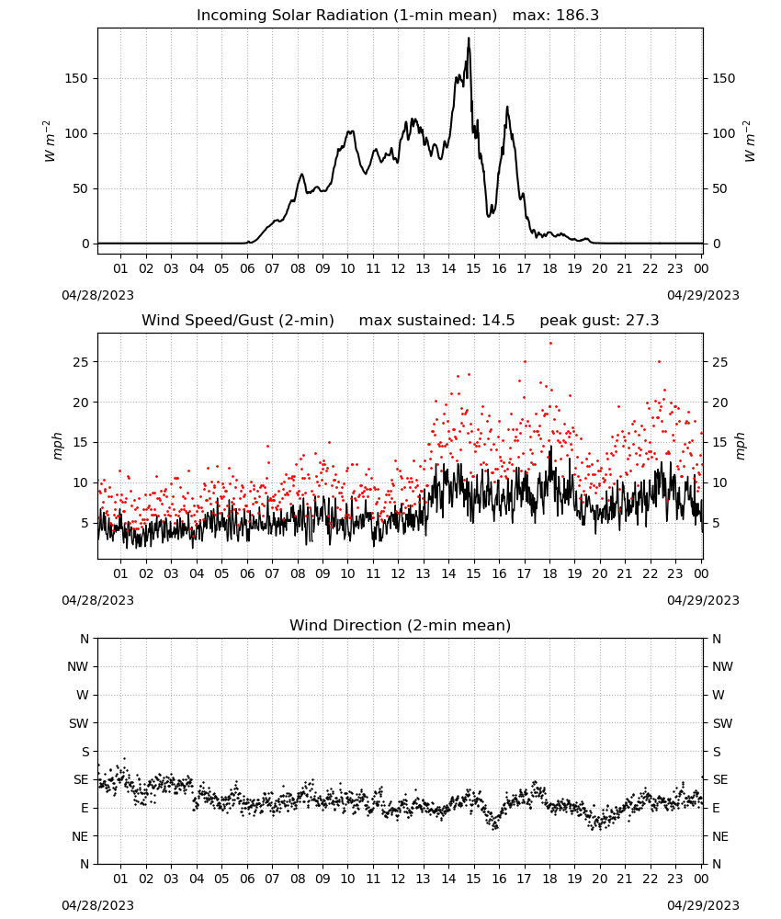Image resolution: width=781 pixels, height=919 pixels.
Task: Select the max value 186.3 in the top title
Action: pyautogui.click(x=577, y=16)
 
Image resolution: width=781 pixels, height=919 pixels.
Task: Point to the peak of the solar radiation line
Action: pyautogui.click(x=469, y=38)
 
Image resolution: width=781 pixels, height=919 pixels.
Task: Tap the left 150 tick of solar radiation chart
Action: pyautogui.click(x=76, y=78)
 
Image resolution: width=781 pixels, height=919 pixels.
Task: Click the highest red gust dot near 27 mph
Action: pyautogui.click(x=550, y=344)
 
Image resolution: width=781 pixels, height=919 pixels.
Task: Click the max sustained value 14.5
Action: pyautogui.click(x=498, y=321)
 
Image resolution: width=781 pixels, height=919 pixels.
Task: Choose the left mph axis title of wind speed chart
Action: pyautogui.click(x=57, y=446)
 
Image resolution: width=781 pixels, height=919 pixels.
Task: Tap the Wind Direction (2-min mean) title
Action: pyautogui.click(x=401, y=625)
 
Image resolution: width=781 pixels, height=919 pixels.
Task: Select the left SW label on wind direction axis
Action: pyautogui.click(x=78, y=723)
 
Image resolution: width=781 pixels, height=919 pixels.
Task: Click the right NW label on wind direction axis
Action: pyautogui.click(x=722, y=666)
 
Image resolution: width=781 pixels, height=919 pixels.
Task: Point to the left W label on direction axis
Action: pyautogui.click(x=83, y=695)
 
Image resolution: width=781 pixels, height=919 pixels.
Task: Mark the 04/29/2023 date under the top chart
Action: pyautogui.click(x=703, y=295)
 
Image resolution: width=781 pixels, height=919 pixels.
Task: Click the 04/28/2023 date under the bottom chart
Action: pyautogui.click(x=97, y=905)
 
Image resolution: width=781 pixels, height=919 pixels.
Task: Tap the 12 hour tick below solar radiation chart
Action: pyautogui.click(x=398, y=268)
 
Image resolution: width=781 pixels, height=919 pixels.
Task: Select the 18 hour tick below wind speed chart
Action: pyautogui.click(x=549, y=573)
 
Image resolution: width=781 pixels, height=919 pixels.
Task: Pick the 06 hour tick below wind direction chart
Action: pyautogui.click(x=247, y=879)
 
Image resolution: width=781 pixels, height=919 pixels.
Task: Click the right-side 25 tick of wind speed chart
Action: pyautogui.click(x=720, y=362)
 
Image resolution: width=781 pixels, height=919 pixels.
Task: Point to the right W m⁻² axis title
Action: pyautogui.click(x=750, y=142)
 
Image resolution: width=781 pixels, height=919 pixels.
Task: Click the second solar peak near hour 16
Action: pyautogui.click(x=507, y=107)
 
